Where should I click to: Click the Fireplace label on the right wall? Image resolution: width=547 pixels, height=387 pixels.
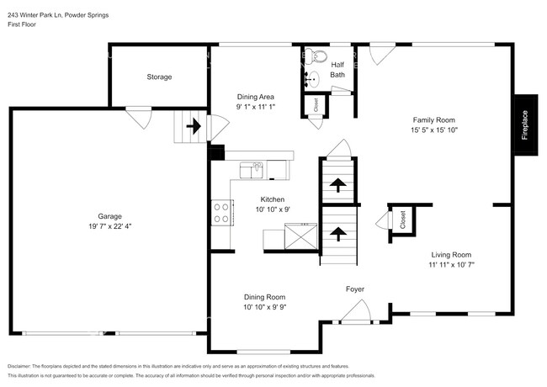(x=524, y=125)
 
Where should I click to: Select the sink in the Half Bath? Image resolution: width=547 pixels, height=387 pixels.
(x=312, y=81)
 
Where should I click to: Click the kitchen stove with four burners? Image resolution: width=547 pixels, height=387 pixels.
(x=222, y=212)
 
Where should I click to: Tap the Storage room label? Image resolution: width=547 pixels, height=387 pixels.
(x=159, y=77)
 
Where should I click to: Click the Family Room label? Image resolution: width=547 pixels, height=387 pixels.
(x=433, y=119)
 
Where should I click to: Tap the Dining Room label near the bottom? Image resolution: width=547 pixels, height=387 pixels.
(x=264, y=297)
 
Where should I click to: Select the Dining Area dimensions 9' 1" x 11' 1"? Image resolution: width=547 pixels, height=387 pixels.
(x=255, y=107)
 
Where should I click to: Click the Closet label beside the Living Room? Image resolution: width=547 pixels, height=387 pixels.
(x=402, y=220)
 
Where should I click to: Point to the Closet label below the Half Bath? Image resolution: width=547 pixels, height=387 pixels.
(x=316, y=105)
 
